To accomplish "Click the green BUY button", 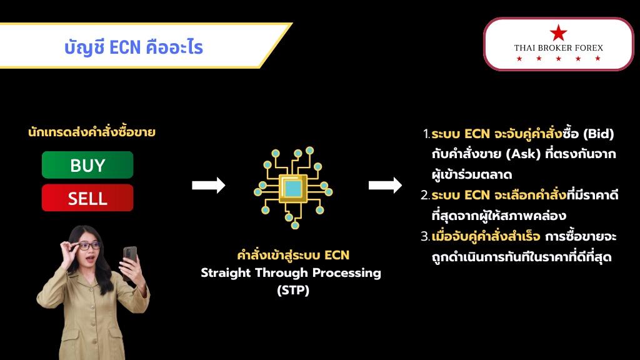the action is [87, 165].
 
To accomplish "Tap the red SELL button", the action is [87, 198].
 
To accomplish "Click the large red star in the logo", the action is [558, 32].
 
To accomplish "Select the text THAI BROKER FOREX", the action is [558, 47].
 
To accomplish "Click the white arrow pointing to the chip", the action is [209, 185].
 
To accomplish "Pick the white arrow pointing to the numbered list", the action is [385, 185].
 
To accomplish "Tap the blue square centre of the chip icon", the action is [292, 189].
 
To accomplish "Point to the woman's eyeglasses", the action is [86, 245].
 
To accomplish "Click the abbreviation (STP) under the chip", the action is [293, 290].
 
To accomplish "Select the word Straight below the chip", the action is [225, 272].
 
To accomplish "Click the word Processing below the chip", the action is [347, 272].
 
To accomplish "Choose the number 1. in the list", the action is [426, 134].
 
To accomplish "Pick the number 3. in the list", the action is [425, 236].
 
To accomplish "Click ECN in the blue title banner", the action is [125, 47].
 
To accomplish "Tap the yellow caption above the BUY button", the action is [92, 132].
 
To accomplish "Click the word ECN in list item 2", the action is [477, 195].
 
